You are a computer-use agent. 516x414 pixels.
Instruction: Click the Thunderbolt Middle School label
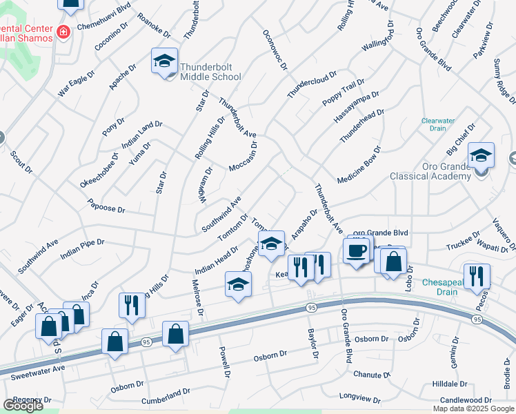[x=210, y=72]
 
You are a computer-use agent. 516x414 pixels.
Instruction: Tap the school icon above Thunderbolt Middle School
[x=164, y=61]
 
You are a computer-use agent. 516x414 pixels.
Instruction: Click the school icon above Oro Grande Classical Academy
[x=481, y=155]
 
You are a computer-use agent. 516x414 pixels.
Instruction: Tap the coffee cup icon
[x=357, y=251]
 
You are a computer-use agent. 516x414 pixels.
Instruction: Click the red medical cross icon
[x=63, y=32]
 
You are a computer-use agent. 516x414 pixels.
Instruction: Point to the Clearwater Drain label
[x=438, y=124]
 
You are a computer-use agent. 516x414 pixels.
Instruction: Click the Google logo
[x=23, y=406]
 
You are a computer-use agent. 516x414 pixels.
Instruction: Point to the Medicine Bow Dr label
[x=359, y=165]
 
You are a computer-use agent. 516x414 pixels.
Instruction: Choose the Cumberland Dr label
[x=166, y=395]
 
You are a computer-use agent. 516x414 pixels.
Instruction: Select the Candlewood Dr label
[x=466, y=400]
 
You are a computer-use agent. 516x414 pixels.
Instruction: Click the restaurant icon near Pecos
[x=477, y=276]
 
